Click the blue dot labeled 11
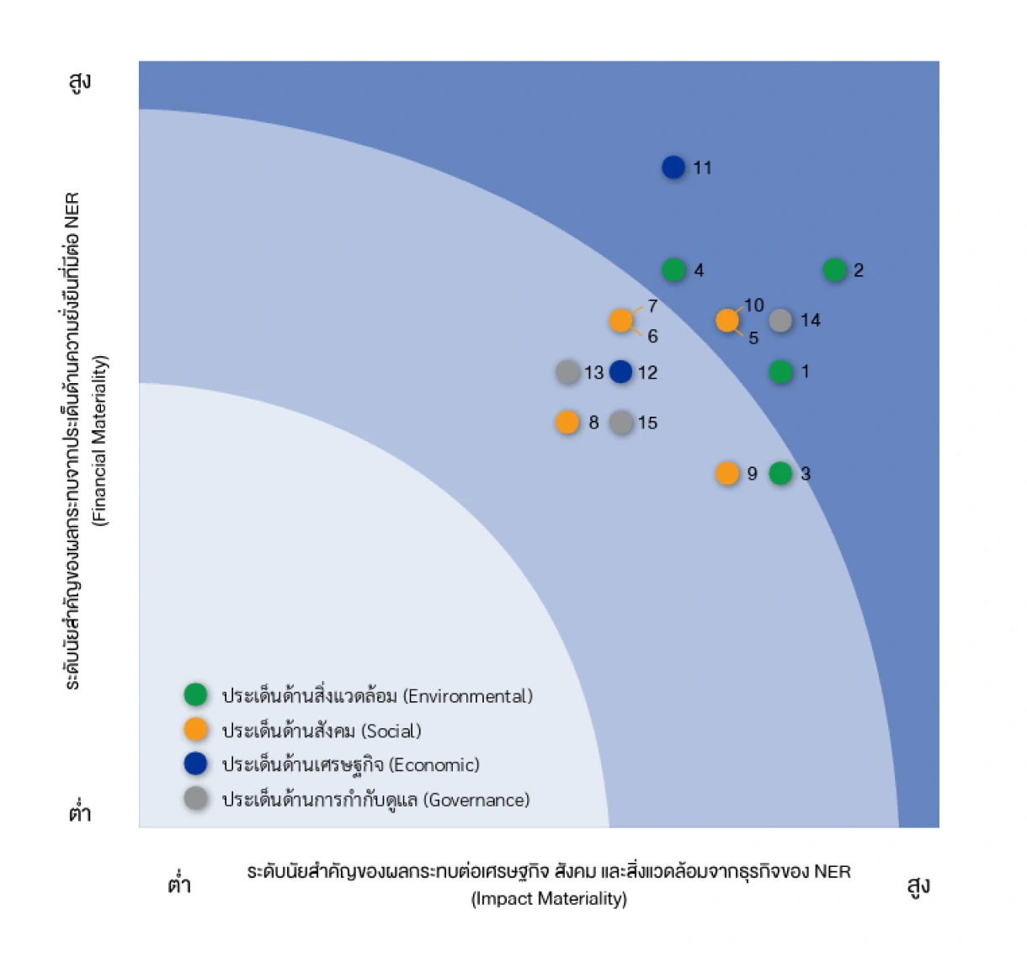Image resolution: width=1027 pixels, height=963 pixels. click(x=673, y=168)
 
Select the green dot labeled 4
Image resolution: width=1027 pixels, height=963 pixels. click(x=673, y=270)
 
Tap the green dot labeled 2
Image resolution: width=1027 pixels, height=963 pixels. click(x=834, y=270)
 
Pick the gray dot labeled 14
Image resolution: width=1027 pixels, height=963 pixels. click(x=780, y=321)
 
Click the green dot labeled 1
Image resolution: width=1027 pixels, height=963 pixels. click(x=780, y=372)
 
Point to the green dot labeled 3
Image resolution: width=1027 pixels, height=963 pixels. click(x=780, y=474)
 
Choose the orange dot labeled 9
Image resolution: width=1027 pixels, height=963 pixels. click(x=727, y=474)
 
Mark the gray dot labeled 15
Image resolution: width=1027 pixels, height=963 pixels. click(x=621, y=423)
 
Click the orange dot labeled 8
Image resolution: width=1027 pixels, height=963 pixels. click(x=567, y=423)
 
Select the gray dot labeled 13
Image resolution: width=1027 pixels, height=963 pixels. click(x=567, y=372)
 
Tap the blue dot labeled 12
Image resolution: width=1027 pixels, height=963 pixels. click(x=621, y=372)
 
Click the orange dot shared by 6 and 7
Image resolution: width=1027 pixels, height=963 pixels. click(x=621, y=321)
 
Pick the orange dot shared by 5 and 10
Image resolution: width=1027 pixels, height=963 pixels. click(x=727, y=321)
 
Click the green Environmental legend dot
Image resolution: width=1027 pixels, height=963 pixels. click(x=195, y=695)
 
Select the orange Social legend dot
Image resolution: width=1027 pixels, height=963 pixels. click(x=195, y=730)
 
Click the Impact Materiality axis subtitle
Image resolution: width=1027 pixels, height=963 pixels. click(x=549, y=899)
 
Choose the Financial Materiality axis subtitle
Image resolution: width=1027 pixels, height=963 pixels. click(x=101, y=440)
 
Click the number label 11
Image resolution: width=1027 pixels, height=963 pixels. click(x=703, y=168)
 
